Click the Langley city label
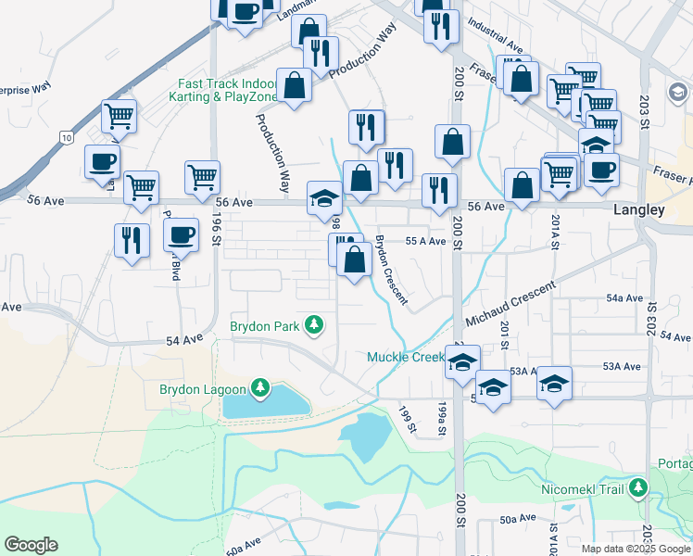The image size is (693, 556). point(639,210)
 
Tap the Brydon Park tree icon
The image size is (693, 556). point(316,324)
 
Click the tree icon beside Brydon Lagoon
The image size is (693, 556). point(261,387)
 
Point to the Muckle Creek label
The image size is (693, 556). point(406,357)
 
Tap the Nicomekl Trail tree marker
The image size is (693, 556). point(637,487)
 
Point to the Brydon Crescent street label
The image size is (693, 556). point(390,269)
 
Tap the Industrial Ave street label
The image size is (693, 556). point(496,38)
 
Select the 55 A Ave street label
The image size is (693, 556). point(426,241)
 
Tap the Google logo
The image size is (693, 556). point(31,545)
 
